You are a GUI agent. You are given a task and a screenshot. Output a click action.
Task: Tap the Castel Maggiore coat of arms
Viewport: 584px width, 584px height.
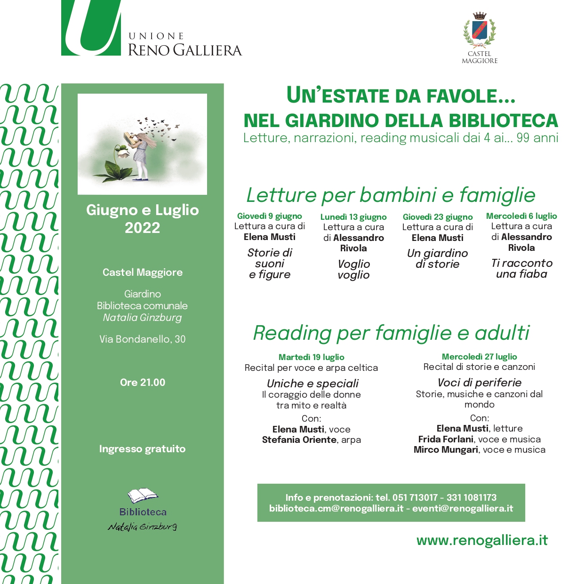click(x=479, y=31)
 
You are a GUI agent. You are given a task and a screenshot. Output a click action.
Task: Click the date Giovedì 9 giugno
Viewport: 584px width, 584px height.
click(x=270, y=216)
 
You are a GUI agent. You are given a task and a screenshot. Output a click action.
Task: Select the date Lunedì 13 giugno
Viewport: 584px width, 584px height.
click(x=353, y=217)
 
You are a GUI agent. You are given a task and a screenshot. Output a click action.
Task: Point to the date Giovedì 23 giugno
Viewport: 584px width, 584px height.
click(x=438, y=217)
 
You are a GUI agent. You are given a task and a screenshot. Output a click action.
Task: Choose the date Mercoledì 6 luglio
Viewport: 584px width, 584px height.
click(x=521, y=216)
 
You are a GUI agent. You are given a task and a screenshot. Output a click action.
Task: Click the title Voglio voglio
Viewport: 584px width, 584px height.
click(x=354, y=270)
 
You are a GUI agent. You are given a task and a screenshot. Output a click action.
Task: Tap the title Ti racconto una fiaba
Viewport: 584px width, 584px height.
click(x=521, y=269)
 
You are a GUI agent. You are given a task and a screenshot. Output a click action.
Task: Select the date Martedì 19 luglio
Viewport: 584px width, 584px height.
click(x=312, y=357)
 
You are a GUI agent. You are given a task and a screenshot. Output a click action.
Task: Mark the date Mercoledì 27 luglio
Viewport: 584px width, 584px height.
click(x=479, y=357)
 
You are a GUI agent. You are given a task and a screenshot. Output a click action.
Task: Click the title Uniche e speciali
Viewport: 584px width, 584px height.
click(x=313, y=384)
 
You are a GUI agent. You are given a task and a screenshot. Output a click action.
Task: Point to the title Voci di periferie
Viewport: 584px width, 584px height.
click(x=480, y=383)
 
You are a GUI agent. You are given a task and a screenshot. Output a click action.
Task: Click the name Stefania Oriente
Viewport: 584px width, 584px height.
click(x=299, y=440)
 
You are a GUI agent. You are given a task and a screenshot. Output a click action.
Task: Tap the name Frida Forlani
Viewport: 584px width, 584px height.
click(x=446, y=440)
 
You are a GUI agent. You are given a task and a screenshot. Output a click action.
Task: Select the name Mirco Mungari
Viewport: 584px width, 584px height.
click(x=446, y=450)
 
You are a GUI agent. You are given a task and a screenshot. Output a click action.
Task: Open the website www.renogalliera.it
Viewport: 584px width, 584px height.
click(x=482, y=540)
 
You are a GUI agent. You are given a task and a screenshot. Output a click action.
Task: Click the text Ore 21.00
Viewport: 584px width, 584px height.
click(x=143, y=383)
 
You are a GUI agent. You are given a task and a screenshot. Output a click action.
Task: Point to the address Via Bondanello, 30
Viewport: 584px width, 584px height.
click(x=143, y=339)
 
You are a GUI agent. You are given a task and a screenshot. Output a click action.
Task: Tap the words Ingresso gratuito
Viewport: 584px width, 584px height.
click(x=143, y=449)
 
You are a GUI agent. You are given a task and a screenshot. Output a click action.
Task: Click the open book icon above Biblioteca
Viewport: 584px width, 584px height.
click(x=143, y=496)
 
